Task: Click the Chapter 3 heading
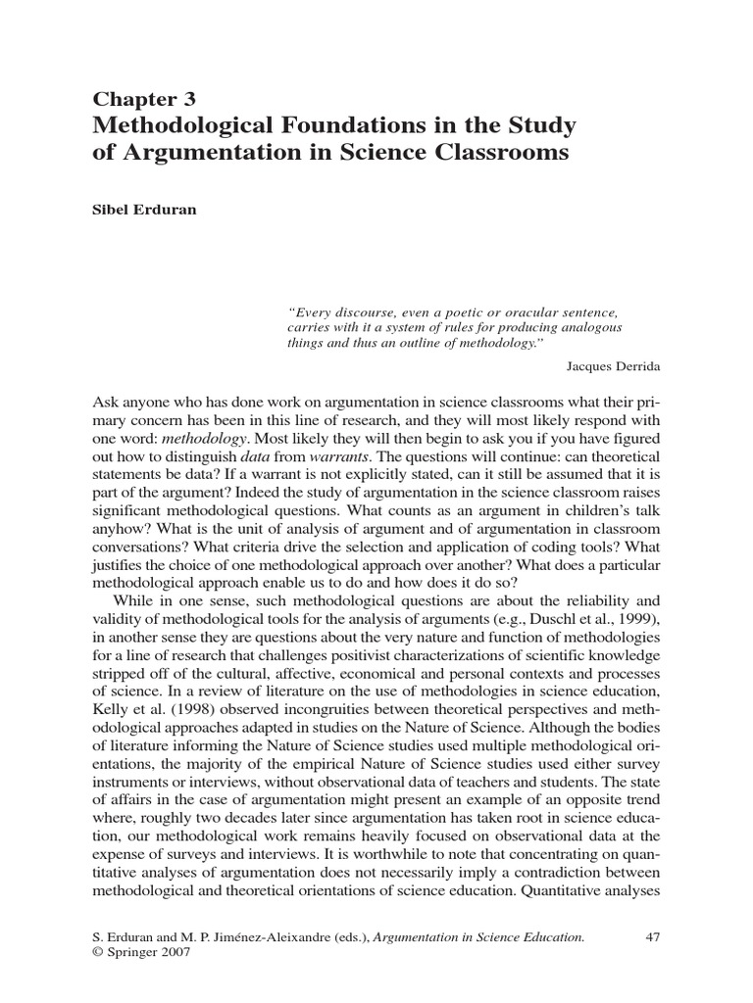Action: pos(143,99)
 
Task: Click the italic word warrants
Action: pos(338,458)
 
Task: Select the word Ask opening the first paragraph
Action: pos(106,403)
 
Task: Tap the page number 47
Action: pos(652,937)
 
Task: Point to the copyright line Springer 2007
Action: pos(134,952)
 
